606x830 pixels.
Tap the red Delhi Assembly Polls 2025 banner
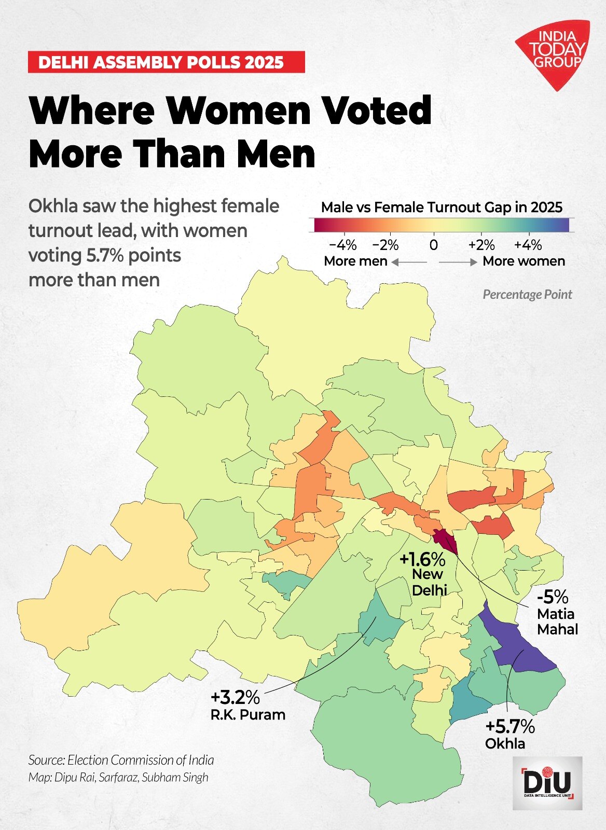tap(166, 62)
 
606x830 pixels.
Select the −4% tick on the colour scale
tap(343, 244)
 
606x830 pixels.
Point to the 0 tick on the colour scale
tap(434, 244)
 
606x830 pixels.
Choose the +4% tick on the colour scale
tap(528, 244)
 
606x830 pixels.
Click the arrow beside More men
tap(409, 262)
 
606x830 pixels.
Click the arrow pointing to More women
tap(458, 262)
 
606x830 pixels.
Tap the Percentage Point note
tap(527, 295)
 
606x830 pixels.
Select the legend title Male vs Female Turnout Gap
tap(442, 208)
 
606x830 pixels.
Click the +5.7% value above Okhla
tap(510, 726)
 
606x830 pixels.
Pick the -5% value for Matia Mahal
tap(553, 597)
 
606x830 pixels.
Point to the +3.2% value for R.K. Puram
tap(235, 696)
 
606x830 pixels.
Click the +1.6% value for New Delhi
tap(422, 560)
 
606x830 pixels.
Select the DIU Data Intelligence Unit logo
tap(547, 783)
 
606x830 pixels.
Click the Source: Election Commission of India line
tap(121, 760)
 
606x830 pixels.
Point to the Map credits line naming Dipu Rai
tap(118, 777)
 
